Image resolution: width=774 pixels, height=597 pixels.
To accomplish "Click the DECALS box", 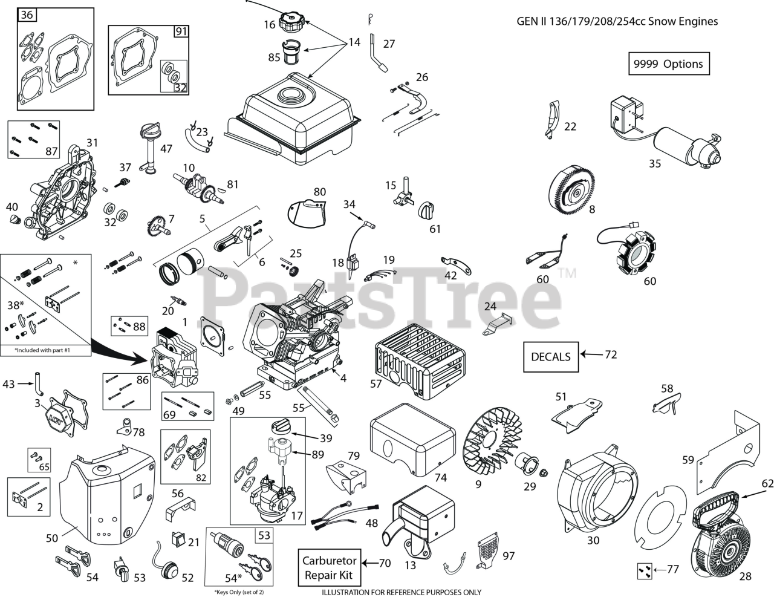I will pos(550,356).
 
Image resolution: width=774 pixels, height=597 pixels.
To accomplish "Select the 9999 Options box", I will pos(668,64).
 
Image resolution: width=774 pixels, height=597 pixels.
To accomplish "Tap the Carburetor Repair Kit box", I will pos(330,568).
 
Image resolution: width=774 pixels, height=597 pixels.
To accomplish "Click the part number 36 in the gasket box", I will pos(27,15).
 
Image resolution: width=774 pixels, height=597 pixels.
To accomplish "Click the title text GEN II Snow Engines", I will pos(617,21).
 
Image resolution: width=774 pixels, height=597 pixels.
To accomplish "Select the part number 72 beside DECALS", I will pos(611,354).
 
